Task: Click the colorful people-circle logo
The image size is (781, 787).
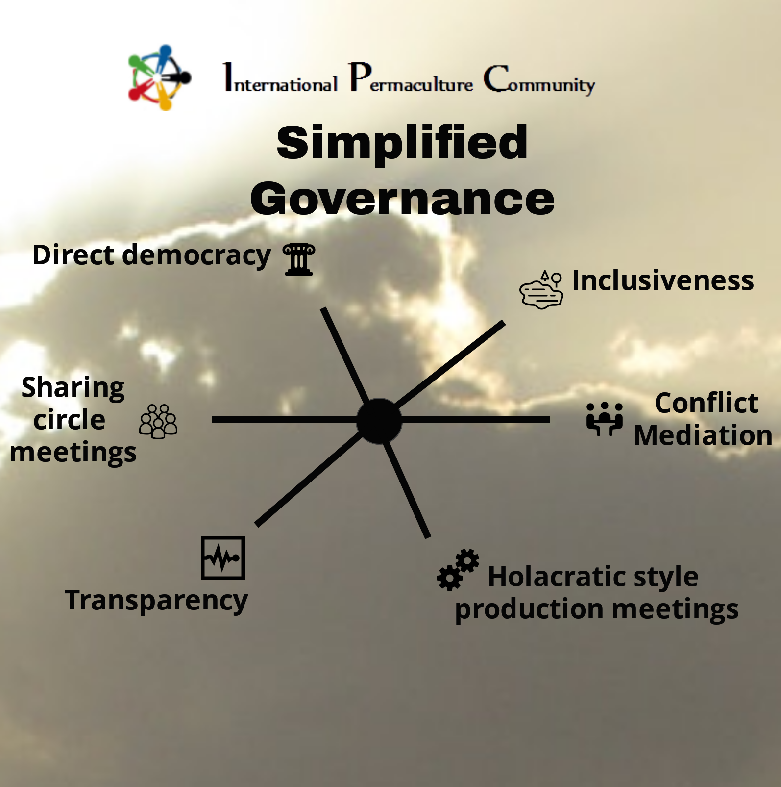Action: pyautogui.click(x=159, y=77)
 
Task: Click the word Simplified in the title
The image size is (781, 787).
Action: pyautogui.click(x=402, y=143)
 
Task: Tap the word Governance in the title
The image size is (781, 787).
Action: pyautogui.click(x=402, y=199)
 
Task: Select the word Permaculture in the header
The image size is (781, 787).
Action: pyautogui.click(x=411, y=79)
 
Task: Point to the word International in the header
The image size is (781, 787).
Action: pyautogui.click(x=280, y=79)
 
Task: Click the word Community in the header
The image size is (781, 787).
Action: pyautogui.click(x=539, y=80)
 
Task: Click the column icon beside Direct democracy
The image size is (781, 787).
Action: pyautogui.click(x=299, y=259)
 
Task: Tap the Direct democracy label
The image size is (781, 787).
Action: pyautogui.click(x=151, y=255)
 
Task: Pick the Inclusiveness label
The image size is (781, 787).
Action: pyautogui.click(x=662, y=280)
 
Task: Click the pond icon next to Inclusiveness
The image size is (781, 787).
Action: pyautogui.click(x=541, y=290)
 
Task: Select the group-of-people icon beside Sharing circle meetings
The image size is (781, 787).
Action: pyautogui.click(x=158, y=421)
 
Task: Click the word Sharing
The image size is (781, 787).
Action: pyautogui.click(x=73, y=387)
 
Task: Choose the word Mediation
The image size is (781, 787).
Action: pyautogui.click(x=703, y=435)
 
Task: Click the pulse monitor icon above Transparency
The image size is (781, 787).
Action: pyautogui.click(x=223, y=558)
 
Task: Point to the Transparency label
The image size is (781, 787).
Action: pyautogui.click(x=156, y=600)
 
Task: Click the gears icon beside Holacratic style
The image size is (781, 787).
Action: pyautogui.click(x=458, y=569)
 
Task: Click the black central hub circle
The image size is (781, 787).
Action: pyautogui.click(x=379, y=421)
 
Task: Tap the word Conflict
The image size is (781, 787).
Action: pyautogui.click(x=706, y=403)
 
